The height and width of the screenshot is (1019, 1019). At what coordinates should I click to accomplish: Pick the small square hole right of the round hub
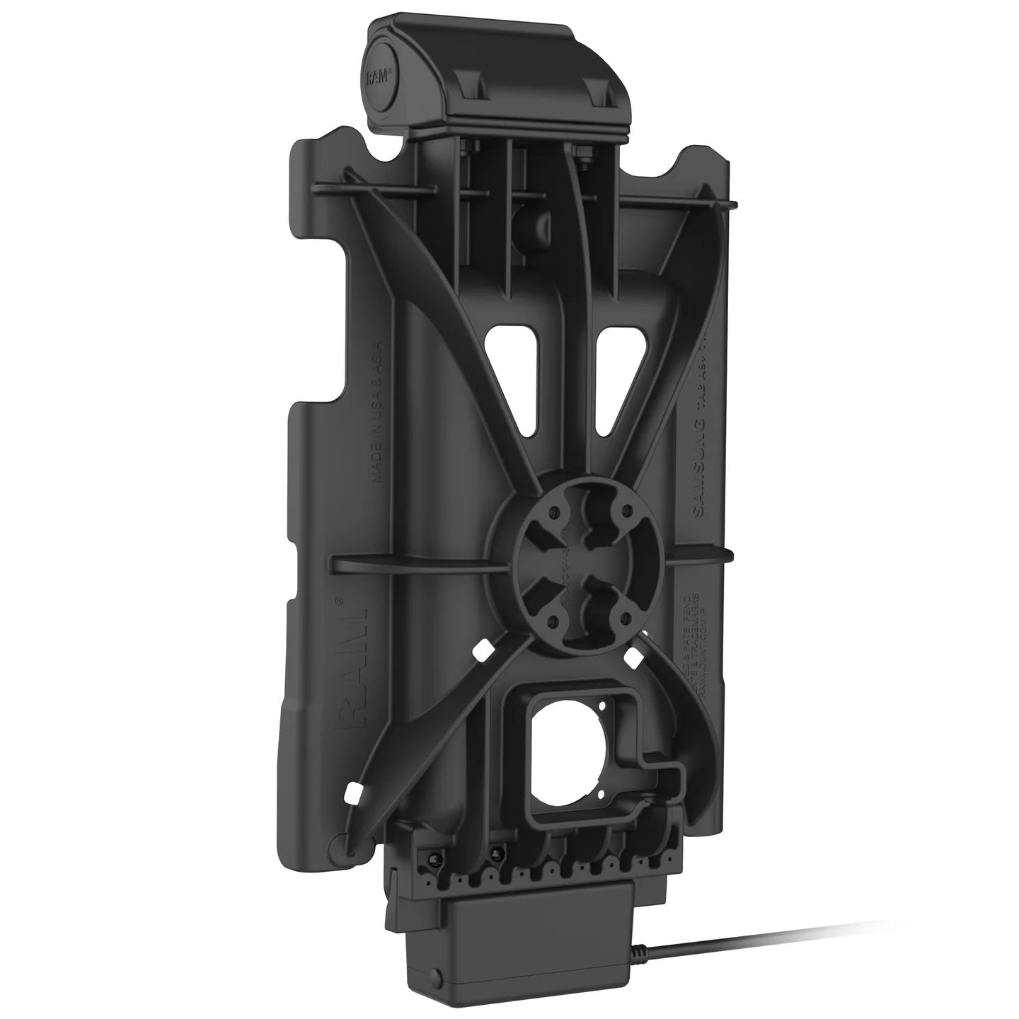tap(633, 656)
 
